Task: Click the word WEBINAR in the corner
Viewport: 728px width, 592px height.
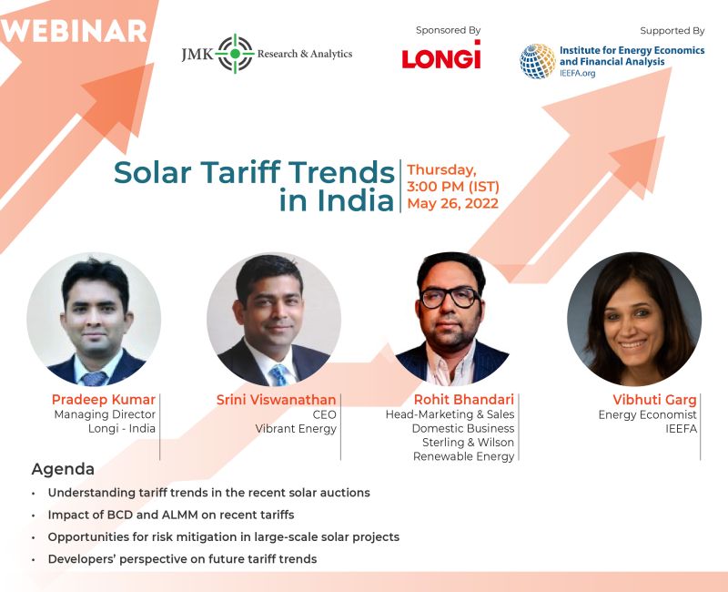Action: (74, 31)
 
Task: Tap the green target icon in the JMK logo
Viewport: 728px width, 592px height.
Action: (235, 54)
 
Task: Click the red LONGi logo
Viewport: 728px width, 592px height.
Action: (441, 55)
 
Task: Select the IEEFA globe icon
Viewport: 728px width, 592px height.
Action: (538, 61)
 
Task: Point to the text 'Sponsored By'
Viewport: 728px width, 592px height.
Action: (448, 30)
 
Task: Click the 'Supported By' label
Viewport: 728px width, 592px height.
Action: (672, 31)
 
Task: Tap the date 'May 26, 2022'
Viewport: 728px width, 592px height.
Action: (452, 203)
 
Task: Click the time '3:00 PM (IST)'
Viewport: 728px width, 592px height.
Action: (453, 187)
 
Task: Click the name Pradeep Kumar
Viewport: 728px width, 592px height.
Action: (104, 400)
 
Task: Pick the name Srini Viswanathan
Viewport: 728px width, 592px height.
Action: (277, 400)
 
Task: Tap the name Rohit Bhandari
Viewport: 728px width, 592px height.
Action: (464, 400)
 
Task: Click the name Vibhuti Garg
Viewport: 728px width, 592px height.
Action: (654, 400)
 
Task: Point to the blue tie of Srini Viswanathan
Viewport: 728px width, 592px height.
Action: (279, 375)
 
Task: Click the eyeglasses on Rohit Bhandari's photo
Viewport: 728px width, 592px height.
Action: (450, 298)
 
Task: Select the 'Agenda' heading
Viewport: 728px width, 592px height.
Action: (63, 469)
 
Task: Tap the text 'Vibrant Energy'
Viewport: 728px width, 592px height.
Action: (296, 428)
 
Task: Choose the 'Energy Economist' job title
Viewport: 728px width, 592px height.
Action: (648, 414)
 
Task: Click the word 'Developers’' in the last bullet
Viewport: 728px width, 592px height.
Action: (82, 559)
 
